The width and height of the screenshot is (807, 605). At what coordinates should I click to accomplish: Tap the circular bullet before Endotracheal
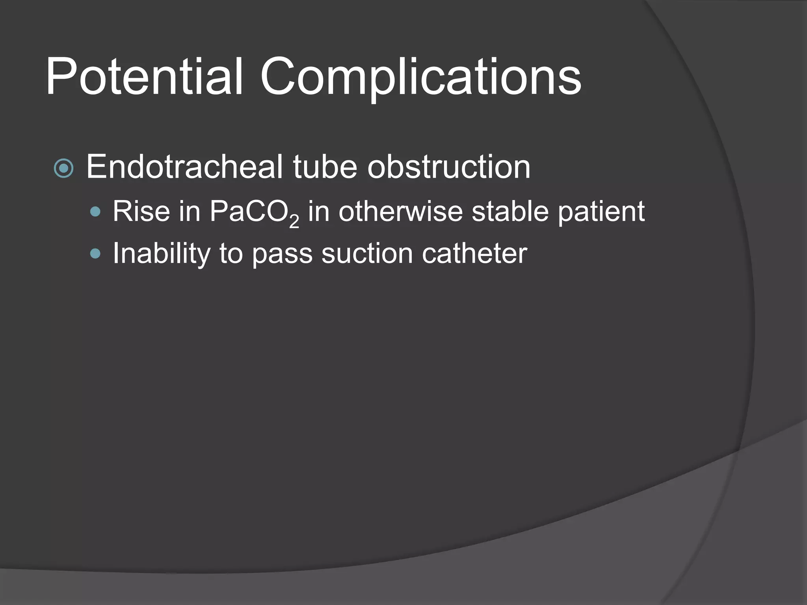pyautogui.click(x=63, y=169)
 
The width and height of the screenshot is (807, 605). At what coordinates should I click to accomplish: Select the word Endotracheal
pyautogui.click(x=184, y=167)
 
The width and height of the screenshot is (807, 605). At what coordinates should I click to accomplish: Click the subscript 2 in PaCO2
pyautogui.click(x=294, y=221)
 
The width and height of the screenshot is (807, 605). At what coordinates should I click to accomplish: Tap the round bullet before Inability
pyautogui.click(x=95, y=254)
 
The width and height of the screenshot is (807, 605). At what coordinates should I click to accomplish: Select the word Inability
pyautogui.click(x=162, y=254)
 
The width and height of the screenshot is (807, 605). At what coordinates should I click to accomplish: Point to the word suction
pyautogui.click(x=367, y=254)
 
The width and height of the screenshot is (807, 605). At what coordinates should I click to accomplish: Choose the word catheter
pyautogui.click(x=474, y=254)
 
